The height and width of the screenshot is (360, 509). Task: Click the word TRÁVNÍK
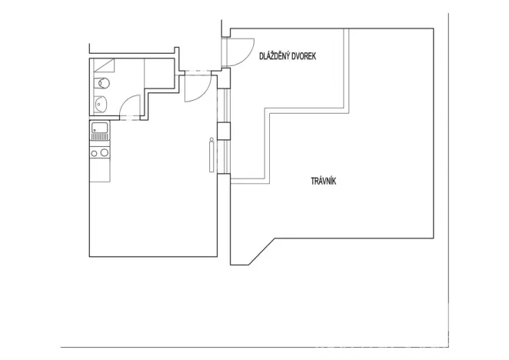point(324,182)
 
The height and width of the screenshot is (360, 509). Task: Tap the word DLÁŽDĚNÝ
point(276,56)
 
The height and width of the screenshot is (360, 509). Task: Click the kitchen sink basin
point(99,128)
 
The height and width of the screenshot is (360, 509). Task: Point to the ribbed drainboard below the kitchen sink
point(99,138)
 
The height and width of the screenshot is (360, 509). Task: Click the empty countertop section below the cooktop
point(99,171)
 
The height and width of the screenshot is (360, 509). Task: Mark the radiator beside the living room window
point(211,156)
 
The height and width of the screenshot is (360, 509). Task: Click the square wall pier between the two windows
point(224,130)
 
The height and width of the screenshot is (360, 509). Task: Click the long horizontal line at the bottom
point(254,347)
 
